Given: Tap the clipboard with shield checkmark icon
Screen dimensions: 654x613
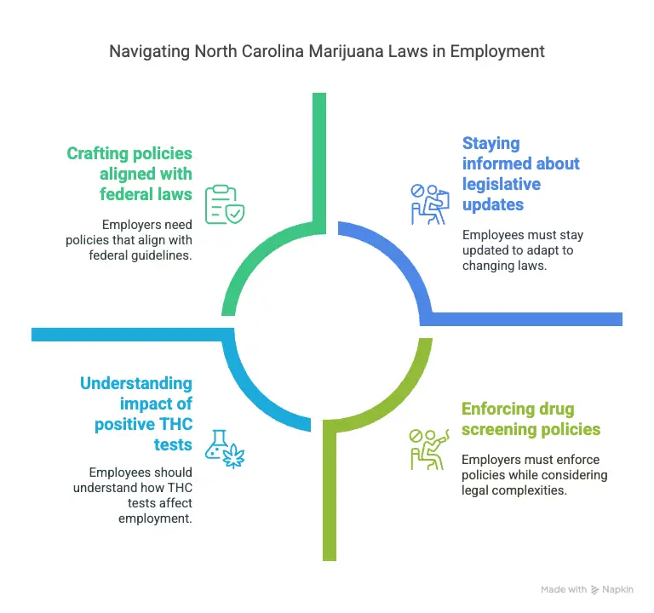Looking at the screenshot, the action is [225, 204].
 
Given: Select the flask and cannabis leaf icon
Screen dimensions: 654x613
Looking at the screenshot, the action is [225, 450].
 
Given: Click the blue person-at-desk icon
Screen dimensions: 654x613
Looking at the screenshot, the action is [429, 204].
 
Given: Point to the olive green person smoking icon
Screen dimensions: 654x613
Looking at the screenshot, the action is [429, 450].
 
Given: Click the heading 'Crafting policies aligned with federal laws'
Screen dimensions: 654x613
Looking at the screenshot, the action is [129, 174].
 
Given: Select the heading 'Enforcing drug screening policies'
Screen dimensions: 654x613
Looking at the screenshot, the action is [531, 419].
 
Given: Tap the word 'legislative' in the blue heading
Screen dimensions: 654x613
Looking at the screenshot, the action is [502, 184].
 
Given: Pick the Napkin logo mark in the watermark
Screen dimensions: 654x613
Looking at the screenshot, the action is [594, 590].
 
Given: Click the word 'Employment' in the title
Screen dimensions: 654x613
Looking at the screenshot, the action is [497, 52].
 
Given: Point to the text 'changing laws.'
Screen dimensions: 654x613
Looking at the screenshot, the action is [504, 266].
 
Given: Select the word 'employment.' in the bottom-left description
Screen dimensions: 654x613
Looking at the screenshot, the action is [155, 518].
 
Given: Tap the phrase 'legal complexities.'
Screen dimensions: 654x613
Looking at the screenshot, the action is [513, 490].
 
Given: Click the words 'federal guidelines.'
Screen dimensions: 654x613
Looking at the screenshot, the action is [141, 255].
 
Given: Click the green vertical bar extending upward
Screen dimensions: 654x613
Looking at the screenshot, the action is [319, 158].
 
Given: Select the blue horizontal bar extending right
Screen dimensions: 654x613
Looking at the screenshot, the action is [526, 319].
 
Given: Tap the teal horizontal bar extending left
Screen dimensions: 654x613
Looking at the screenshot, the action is [127, 335].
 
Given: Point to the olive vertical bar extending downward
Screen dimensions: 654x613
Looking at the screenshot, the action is [330, 496].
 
